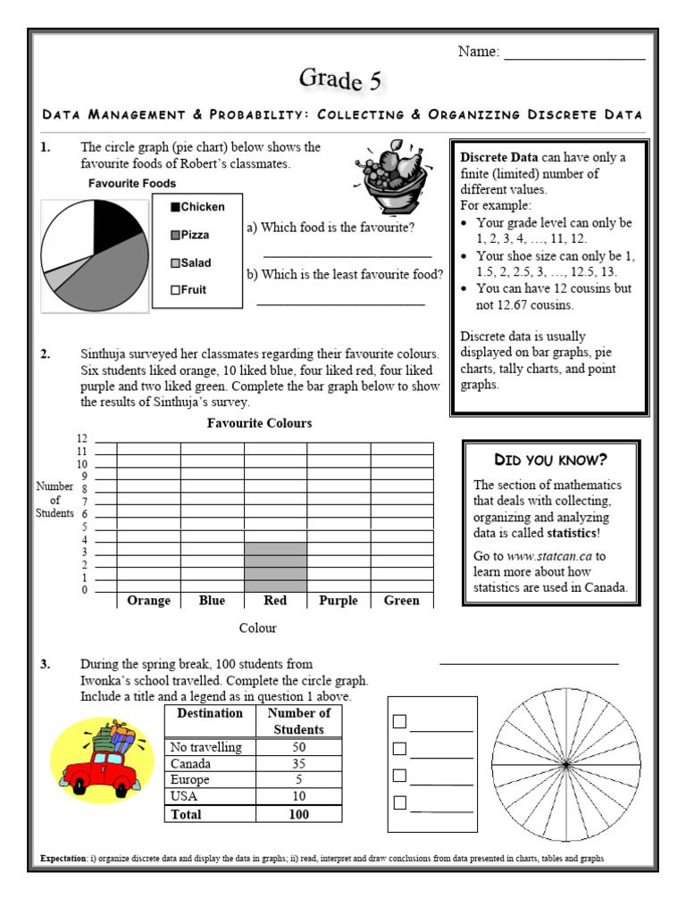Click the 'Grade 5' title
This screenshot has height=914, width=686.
[340, 80]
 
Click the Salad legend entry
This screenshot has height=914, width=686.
[191, 262]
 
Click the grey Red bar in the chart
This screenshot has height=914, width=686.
[275, 567]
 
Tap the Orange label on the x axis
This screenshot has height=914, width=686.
[148, 601]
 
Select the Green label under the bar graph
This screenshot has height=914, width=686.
[401, 601]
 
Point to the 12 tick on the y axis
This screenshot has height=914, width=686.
[82, 439]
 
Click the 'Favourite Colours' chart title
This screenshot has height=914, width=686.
[259, 423]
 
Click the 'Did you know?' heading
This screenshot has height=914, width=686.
[551, 460]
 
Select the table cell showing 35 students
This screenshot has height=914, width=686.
[298, 763]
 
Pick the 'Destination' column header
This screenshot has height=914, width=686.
[210, 713]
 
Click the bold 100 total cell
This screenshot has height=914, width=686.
[298, 814]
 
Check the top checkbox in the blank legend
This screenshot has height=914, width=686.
[400, 721]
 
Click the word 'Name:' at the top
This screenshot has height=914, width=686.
[479, 52]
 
